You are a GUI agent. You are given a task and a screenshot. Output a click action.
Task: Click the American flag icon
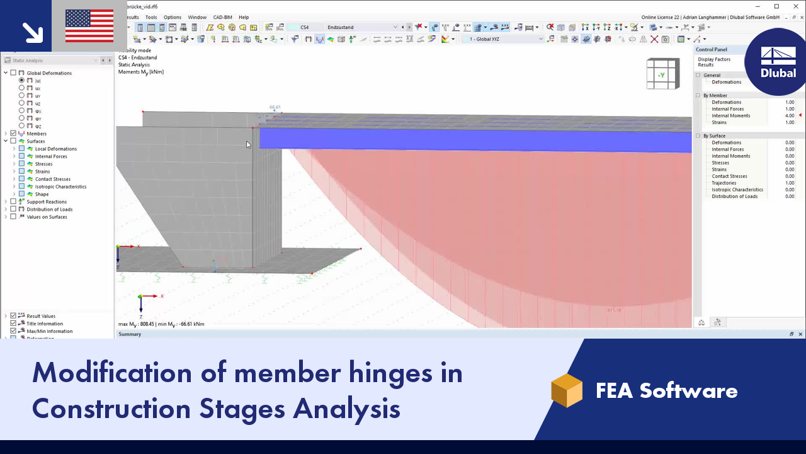89,26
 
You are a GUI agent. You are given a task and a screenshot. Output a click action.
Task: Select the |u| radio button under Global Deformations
22,81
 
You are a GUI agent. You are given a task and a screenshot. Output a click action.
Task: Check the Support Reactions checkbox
13,202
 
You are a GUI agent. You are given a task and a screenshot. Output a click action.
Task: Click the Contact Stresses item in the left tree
53,179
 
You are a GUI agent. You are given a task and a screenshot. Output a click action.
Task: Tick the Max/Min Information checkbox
13,331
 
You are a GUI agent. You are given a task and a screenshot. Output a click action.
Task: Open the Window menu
197,17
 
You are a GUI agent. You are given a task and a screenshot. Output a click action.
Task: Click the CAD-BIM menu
222,17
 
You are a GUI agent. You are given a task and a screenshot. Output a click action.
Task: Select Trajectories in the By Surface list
725,183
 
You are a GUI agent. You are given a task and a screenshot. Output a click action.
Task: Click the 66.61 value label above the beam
275,107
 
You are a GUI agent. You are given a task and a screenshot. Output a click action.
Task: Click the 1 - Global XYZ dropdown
502,39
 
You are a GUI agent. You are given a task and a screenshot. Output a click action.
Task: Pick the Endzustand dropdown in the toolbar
362,27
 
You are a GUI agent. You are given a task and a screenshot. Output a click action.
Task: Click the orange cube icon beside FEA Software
567,390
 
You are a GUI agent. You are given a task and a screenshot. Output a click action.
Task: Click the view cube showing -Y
662,74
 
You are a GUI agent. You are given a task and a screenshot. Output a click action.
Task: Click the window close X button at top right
795,6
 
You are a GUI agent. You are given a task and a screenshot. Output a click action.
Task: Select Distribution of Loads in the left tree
49,209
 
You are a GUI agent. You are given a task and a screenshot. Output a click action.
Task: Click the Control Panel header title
712,49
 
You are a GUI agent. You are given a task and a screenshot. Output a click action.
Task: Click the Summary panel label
130,334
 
